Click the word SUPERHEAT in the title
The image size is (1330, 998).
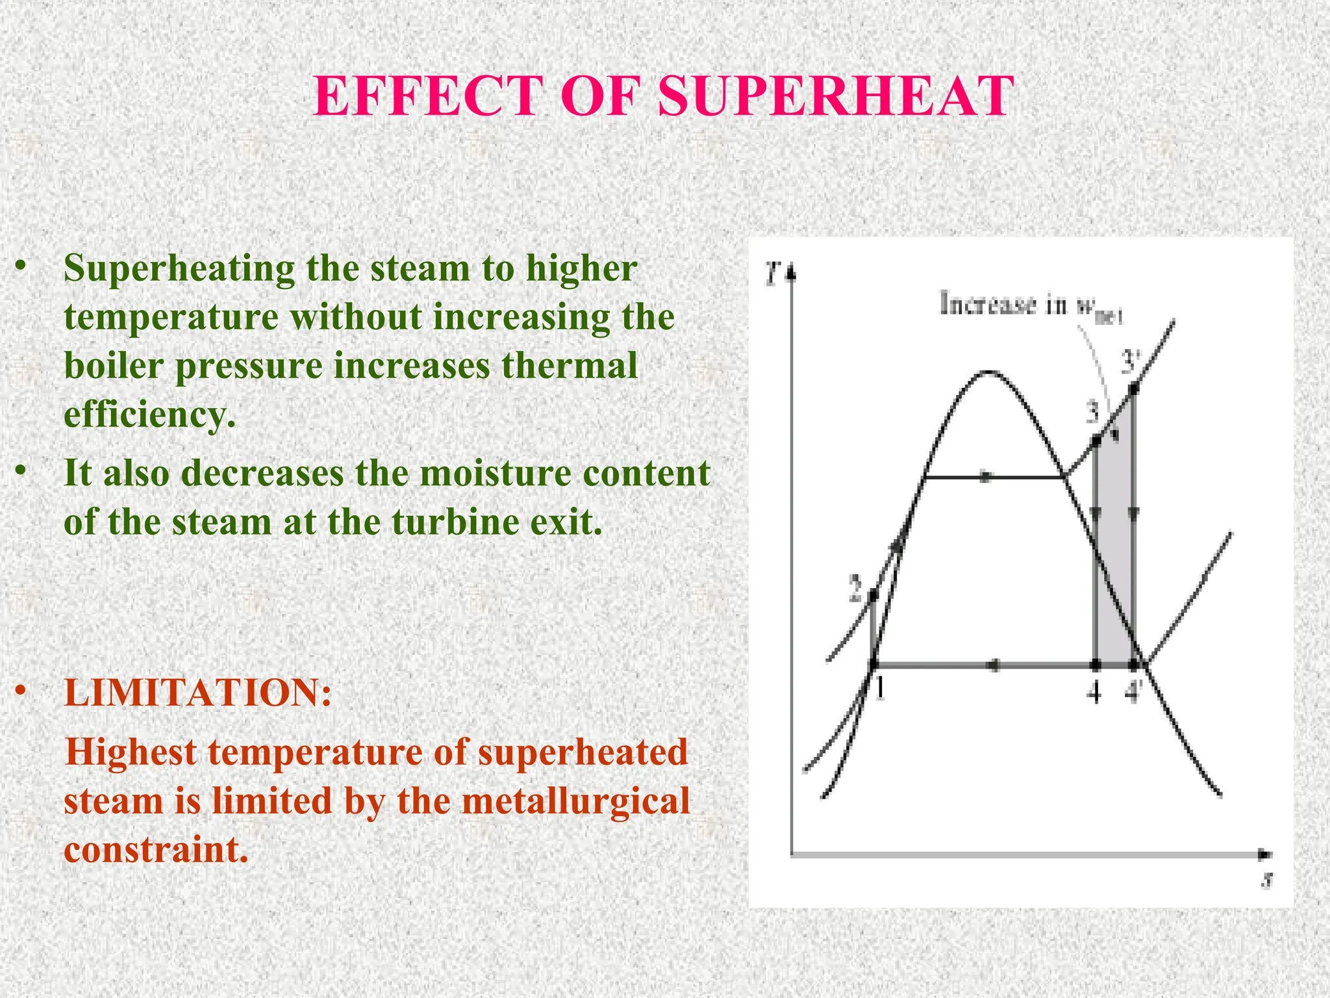(836, 96)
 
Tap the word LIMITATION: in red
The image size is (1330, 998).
(198, 693)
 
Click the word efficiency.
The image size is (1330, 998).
(149, 414)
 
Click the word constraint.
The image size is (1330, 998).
(156, 849)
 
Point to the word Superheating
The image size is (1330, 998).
(179, 268)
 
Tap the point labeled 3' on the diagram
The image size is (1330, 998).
(1133, 389)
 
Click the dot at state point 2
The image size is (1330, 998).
(873, 595)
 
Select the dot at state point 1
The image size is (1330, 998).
(873, 665)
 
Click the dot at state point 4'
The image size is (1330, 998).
(1133, 665)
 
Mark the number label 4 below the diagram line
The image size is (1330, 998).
(1095, 693)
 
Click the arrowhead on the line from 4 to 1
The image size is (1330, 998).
(992, 665)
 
